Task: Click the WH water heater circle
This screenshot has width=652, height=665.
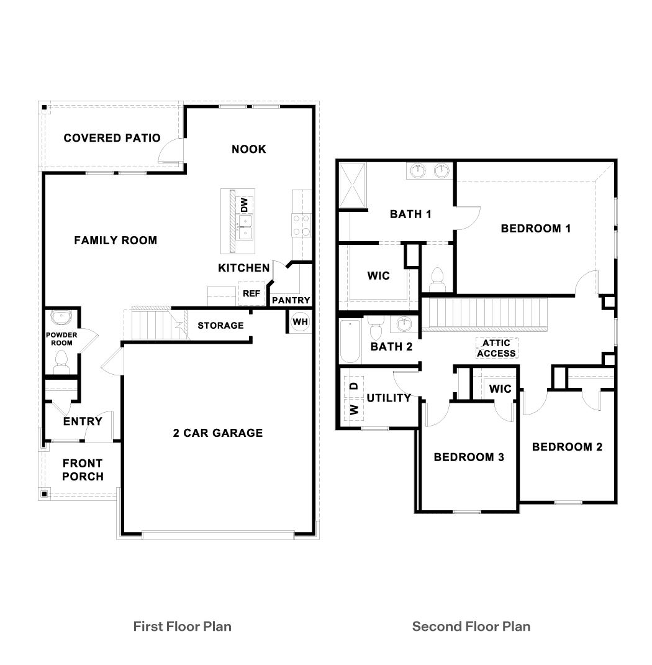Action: point(300,322)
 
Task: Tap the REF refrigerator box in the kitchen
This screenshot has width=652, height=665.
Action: point(251,294)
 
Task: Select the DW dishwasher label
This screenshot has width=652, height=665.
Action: point(244,204)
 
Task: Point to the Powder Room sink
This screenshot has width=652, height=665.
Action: point(61,318)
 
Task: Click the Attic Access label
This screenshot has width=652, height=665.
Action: point(497,348)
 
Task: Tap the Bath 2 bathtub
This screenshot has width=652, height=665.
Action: point(350,342)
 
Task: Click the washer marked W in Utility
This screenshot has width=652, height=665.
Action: point(354,410)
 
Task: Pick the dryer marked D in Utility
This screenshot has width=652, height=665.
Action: point(354,386)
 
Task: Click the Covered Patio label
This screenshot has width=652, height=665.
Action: point(112,138)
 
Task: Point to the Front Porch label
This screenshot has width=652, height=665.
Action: point(83,470)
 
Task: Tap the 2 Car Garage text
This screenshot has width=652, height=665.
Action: point(217,433)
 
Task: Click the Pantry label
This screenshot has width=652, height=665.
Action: point(291,300)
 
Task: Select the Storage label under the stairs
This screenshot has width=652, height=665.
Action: point(220,326)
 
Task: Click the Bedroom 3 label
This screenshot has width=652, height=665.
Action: point(468,457)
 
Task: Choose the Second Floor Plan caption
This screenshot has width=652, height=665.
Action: point(471,626)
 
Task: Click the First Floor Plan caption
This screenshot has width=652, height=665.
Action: point(182,626)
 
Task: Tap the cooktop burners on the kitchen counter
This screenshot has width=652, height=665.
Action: point(302,225)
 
